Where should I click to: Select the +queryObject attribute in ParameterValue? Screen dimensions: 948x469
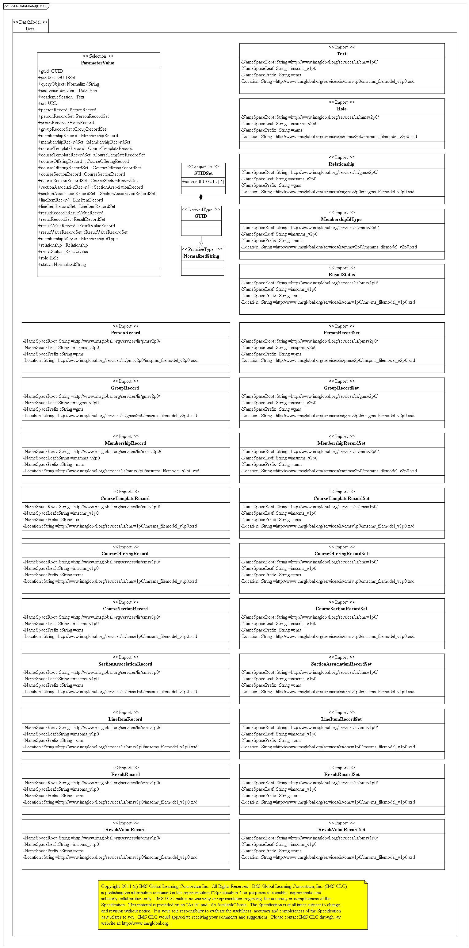(69, 84)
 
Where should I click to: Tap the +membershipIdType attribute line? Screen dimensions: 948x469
(78, 239)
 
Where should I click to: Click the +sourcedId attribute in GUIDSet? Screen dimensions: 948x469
(203, 182)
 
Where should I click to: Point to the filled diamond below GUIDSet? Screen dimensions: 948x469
(201, 197)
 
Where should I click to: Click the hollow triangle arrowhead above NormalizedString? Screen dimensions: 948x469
(201, 243)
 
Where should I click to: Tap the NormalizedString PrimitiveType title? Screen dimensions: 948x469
(202, 256)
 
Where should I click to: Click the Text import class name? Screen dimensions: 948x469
(341, 54)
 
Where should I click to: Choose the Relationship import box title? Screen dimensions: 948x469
(341, 164)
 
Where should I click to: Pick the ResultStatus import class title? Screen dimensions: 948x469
(341, 274)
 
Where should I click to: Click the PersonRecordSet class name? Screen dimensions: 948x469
(341, 333)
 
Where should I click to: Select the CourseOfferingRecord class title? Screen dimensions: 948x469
(125, 554)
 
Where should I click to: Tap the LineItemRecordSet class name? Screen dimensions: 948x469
(341, 720)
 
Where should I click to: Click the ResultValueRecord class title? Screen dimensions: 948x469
(125, 830)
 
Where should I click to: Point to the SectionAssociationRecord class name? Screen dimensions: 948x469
(125, 664)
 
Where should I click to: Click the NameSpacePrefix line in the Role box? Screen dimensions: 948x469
(272, 130)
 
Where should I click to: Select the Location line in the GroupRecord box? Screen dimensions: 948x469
(110, 416)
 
